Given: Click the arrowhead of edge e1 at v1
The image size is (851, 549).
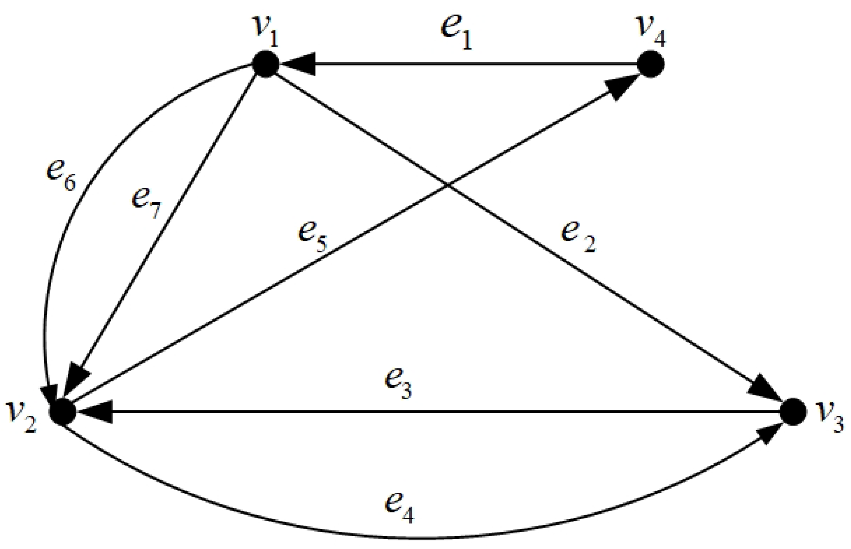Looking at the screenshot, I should coord(298,64).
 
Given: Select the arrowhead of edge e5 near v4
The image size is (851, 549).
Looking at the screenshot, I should coord(621,88).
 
